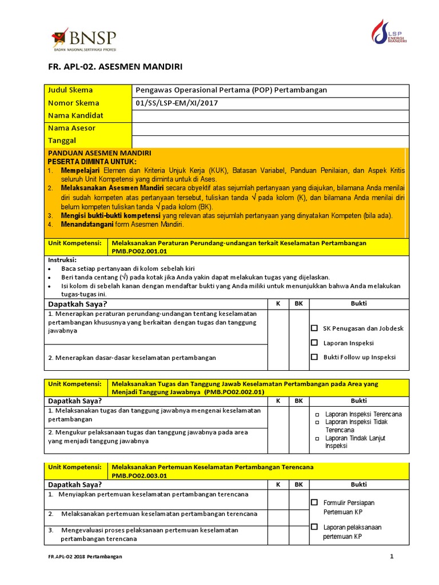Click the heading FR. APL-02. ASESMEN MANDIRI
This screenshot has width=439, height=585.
click(115, 67)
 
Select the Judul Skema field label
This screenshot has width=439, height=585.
click(70, 90)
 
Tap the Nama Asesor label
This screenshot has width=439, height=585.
click(71, 129)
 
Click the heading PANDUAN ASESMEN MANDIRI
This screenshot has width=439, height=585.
click(99, 153)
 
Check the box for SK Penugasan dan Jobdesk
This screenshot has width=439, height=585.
click(314, 328)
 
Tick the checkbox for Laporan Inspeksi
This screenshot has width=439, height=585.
click(314, 343)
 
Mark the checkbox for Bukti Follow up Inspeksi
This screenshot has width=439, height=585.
click(314, 357)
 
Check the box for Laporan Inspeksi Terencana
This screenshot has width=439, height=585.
click(318, 414)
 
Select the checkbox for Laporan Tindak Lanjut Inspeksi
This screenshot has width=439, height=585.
click(318, 438)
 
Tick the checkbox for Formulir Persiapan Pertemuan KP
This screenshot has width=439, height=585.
click(314, 503)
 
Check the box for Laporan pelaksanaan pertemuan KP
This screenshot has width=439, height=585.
click(314, 527)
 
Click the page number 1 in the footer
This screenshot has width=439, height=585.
click(392, 556)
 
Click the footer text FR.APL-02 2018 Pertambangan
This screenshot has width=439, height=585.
click(85, 556)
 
